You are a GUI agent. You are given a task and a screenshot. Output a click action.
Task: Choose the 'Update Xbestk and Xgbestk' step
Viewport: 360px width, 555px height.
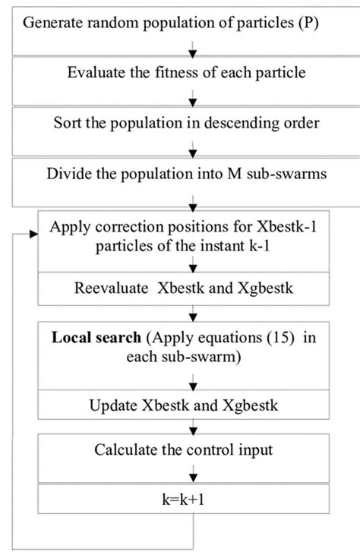click(x=195, y=404)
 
